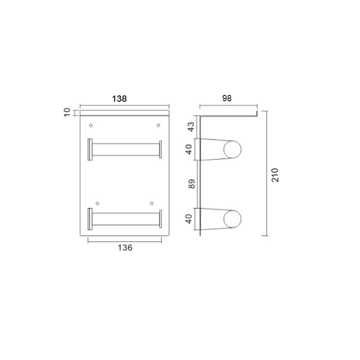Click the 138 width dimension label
119,99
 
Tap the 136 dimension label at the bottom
125,248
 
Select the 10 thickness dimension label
67,112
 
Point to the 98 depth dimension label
227,98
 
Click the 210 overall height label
275,175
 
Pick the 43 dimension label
191,127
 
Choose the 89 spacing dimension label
192,184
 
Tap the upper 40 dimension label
189,149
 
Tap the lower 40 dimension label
189,219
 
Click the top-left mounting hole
91,126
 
